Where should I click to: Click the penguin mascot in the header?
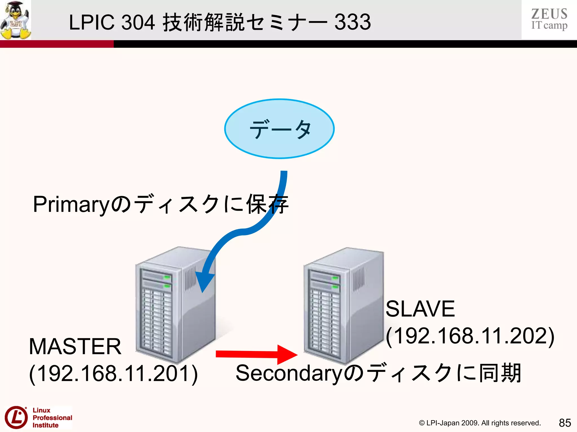pos(15,20)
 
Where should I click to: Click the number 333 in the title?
pos(352,22)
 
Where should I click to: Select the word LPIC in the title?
pos(92,22)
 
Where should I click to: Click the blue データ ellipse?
pos(279,129)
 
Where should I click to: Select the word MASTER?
pos(75,346)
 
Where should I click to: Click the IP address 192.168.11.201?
pos(114,374)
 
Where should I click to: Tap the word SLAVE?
pos(420,309)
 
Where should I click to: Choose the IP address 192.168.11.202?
pos(470,336)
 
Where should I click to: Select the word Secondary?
pos(288,373)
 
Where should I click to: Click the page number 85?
pos(565,423)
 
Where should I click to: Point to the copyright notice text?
pos(480,423)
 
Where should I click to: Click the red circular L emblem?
pos(16,417)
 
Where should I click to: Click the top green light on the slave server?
pos(335,278)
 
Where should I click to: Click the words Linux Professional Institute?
pos(52,418)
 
